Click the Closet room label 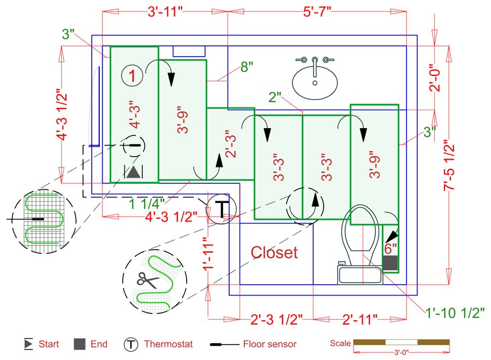(x=274, y=252)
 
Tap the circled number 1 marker (x=133, y=75)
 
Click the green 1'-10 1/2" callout (x=456, y=313)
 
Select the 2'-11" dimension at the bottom (x=361, y=319)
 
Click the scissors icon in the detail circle (x=148, y=280)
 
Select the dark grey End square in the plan (x=390, y=262)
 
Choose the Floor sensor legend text (x=270, y=344)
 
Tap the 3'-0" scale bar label (x=401, y=353)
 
